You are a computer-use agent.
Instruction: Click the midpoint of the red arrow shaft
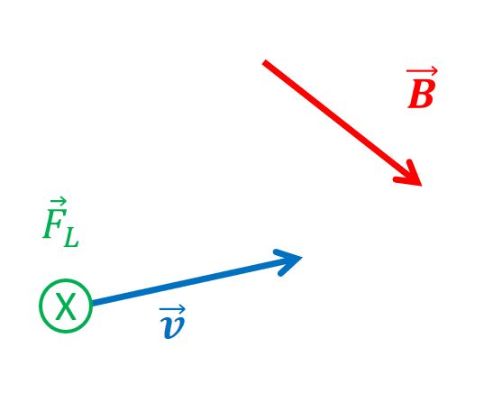click(342, 123)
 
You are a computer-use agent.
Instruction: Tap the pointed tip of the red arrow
click(422, 186)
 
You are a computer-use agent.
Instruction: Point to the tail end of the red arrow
click(264, 61)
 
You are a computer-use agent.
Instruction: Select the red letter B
click(421, 94)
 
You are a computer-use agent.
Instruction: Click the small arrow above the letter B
click(422, 71)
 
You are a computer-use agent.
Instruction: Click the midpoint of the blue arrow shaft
click(196, 280)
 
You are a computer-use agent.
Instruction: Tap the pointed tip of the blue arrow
click(302, 257)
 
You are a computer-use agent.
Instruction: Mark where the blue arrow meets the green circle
click(92, 303)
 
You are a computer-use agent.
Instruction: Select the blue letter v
click(173, 327)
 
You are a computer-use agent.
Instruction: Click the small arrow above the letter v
click(172, 309)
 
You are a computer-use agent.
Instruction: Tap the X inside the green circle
click(66, 306)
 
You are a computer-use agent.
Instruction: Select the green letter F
click(54, 224)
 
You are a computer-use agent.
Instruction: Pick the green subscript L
click(71, 238)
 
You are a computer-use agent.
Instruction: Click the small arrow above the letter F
click(59, 201)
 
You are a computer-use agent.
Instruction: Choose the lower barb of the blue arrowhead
click(289, 266)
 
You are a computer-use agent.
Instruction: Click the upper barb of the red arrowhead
click(414, 172)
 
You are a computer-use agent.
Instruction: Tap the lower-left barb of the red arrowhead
click(406, 181)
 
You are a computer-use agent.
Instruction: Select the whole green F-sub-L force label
click(60, 222)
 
